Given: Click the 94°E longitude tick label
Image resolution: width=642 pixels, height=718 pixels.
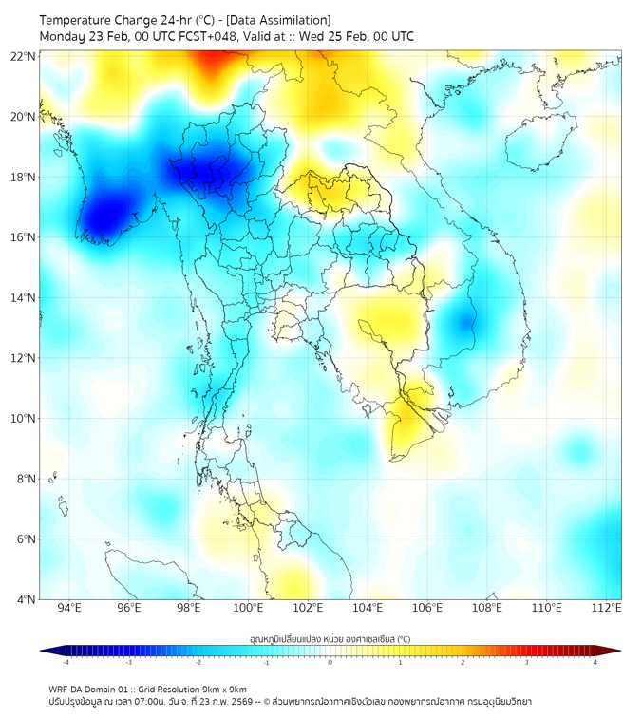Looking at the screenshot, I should pyautogui.click(x=69, y=609).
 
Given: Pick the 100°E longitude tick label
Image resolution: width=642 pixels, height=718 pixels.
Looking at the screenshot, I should pyautogui.click(x=249, y=609).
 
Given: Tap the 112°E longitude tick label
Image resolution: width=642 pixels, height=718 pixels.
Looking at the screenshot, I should pyautogui.click(x=607, y=609).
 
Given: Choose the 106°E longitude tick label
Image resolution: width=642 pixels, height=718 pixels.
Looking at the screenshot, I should pyautogui.click(x=428, y=609).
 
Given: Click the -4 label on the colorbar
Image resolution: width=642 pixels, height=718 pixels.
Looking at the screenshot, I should pyautogui.click(x=65, y=663).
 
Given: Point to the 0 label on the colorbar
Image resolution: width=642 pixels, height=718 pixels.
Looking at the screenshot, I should pyautogui.click(x=330, y=663).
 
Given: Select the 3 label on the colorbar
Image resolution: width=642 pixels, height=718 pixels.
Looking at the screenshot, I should pyautogui.click(x=528, y=663).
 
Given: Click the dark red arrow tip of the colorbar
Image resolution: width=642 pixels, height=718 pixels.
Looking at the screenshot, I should pyautogui.click(x=614, y=651).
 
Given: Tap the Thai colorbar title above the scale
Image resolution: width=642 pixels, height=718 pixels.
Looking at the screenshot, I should pyautogui.click(x=330, y=639).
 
